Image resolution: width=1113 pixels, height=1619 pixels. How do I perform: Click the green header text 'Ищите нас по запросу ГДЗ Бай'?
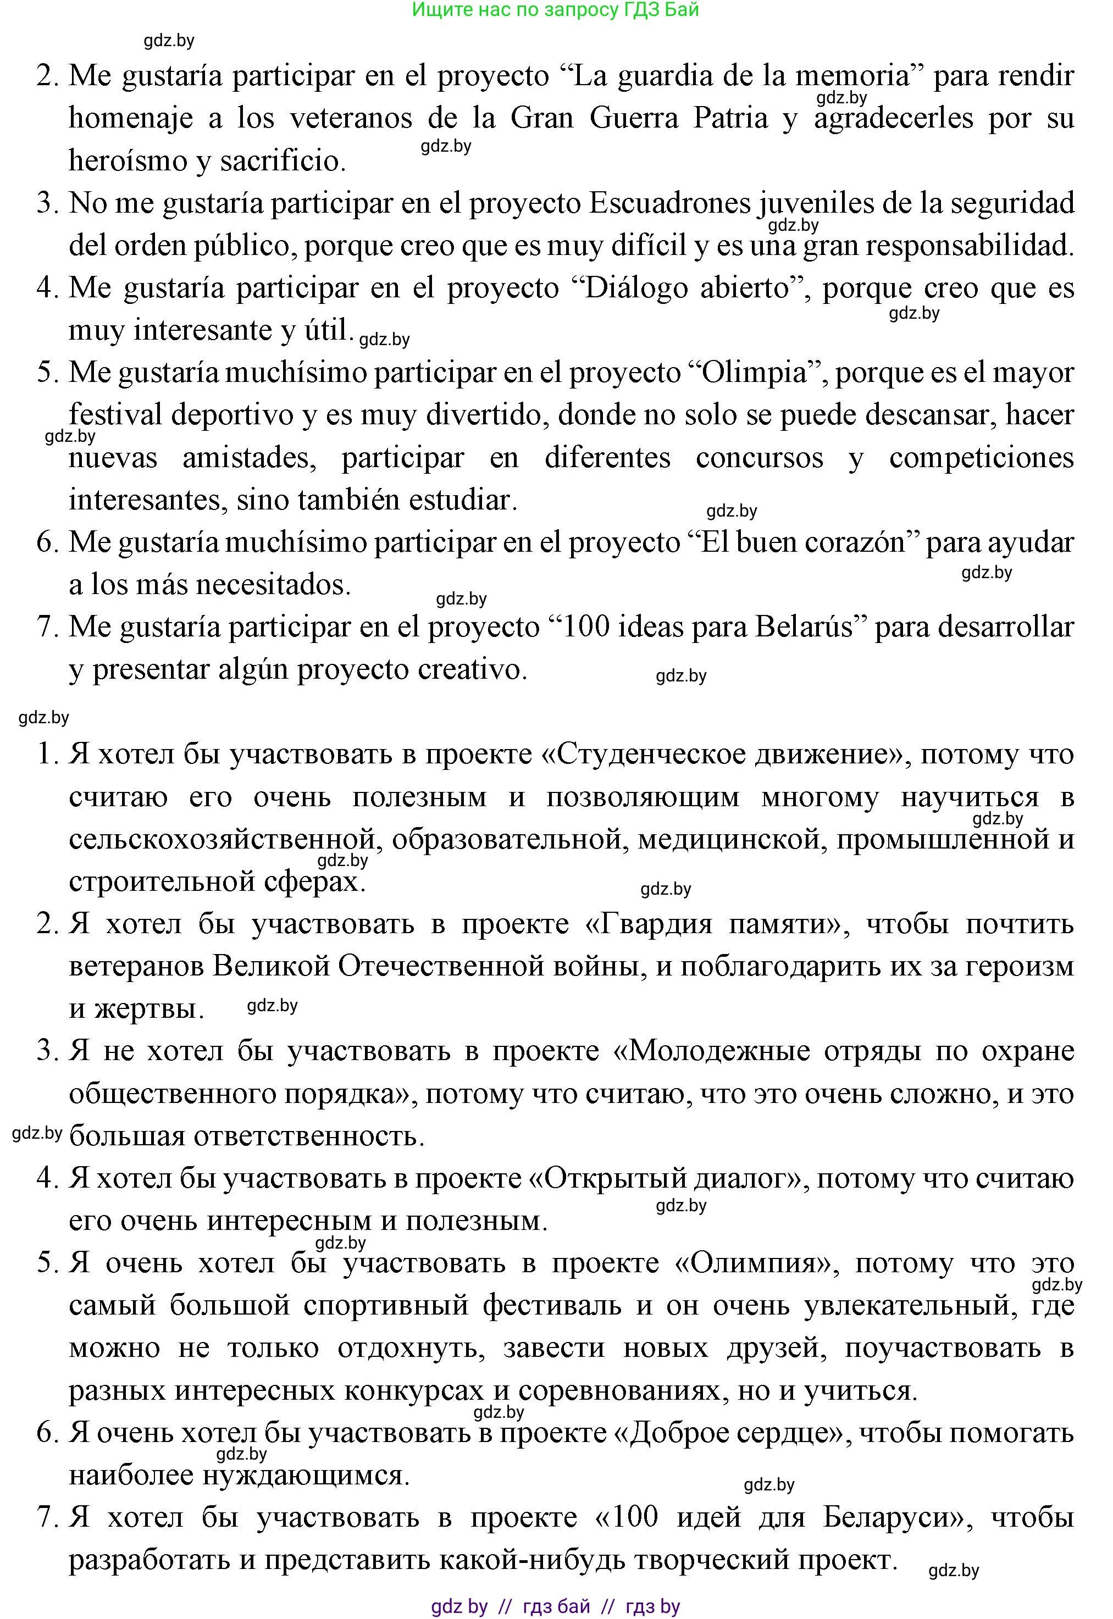pos(555,10)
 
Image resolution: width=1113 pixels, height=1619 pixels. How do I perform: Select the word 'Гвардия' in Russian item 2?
pos(664,924)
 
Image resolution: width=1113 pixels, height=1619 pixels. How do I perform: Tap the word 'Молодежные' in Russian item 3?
pos(719,1051)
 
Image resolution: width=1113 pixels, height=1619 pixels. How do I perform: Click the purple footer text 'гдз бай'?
pos(556,1606)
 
